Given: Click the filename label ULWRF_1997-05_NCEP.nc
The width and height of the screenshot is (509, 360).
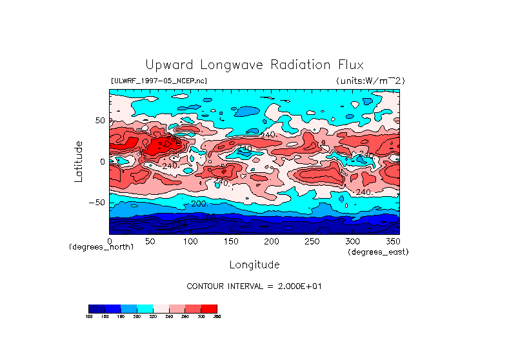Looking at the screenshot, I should (x=159, y=81).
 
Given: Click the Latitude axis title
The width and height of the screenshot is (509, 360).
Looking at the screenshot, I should (x=79, y=161).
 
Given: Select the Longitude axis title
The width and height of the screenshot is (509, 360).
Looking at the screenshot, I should (x=254, y=265).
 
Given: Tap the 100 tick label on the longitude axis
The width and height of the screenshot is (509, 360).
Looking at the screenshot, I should (x=190, y=241).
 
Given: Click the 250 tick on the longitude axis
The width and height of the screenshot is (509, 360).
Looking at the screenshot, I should (x=312, y=241).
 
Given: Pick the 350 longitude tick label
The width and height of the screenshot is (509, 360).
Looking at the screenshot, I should (x=392, y=241).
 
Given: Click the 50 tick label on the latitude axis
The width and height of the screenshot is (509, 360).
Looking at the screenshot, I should (x=101, y=121).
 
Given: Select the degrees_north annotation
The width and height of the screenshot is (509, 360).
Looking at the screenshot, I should (x=101, y=247).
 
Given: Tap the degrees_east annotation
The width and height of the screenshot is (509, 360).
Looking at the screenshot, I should (x=378, y=252).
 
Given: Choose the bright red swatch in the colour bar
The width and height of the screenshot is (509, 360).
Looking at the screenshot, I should (x=209, y=308).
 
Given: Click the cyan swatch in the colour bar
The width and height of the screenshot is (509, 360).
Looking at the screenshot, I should (x=145, y=308).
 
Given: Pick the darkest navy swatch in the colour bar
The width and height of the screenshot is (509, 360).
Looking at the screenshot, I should (x=96, y=308).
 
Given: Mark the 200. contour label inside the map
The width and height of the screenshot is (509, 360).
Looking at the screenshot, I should (x=199, y=204).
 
